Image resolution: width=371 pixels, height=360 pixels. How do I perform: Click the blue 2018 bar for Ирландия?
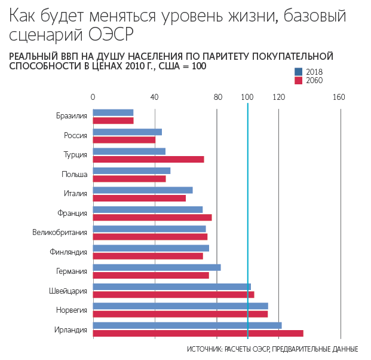click(187, 325)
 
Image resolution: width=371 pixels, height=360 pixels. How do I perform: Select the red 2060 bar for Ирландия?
click(198, 333)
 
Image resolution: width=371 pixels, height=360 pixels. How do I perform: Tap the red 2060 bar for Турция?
click(148, 159)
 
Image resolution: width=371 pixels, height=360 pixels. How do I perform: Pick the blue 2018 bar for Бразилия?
click(113, 112)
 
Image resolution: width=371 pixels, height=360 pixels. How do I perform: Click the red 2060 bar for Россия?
click(124, 140)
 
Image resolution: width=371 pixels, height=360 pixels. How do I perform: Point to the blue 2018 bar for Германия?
click(157, 267)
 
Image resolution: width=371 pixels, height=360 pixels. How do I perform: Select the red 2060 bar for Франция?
click(152, 217)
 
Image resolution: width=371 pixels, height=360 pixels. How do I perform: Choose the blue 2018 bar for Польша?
click(131, 170)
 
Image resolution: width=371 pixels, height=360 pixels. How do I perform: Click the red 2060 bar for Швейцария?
click(173, 294)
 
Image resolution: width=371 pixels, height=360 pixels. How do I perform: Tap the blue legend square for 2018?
click(298, 72)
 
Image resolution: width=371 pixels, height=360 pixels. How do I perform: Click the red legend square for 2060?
click(298, 80)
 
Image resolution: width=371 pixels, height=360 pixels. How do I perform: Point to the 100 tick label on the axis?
click(247, 97)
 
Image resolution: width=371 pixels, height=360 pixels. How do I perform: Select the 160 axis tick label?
click(339, 97)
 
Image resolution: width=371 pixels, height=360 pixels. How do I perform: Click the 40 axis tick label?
click(154, 97)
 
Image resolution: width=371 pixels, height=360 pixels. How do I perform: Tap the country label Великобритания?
click(60, 232)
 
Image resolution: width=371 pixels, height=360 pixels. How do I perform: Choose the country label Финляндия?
click(68, 252)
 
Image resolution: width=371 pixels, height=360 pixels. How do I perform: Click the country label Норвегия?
click(72, 310)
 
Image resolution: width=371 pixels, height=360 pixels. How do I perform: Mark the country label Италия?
click(76, 193)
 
